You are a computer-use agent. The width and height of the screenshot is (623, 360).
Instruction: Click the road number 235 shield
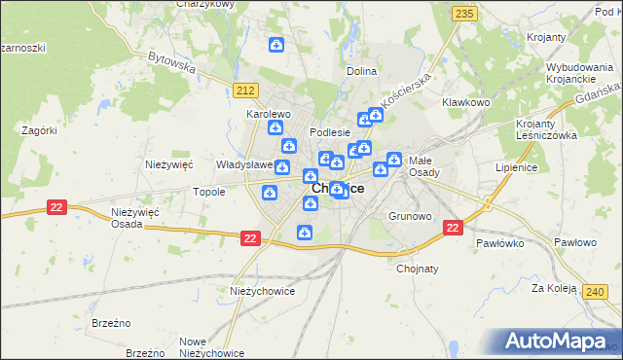[464, 13]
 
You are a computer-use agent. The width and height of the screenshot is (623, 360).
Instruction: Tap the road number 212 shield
[244, 90]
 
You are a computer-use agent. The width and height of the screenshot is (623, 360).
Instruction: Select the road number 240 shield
[597, 291]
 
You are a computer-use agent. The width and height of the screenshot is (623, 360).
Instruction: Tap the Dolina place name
[361, 71]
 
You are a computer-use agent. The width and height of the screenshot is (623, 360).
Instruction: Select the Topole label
[209, 192]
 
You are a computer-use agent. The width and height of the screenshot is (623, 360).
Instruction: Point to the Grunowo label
[409, 215]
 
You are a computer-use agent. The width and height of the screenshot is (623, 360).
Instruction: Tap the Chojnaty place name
[418, 270]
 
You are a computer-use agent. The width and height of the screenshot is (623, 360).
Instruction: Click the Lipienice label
[516, 167]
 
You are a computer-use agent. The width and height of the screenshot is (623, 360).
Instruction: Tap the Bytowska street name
[172, 62]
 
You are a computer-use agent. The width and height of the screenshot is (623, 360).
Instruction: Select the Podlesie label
[329, 132]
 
